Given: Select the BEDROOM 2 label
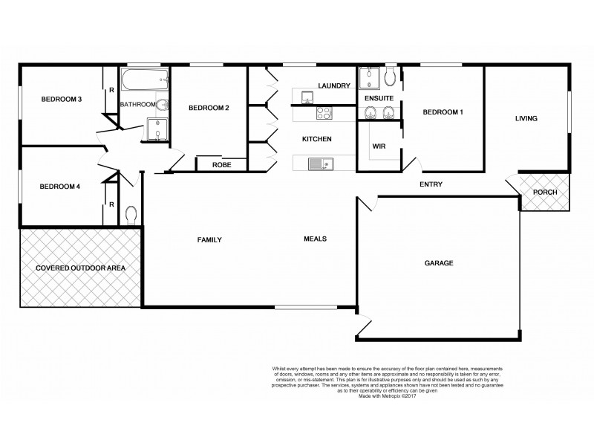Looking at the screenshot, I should (x=209, y=109).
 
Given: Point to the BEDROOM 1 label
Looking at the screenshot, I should (x=443, y=112).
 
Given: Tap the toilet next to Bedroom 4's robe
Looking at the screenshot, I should (x=131, y=215).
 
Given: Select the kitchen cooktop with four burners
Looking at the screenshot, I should (x=324, y=113).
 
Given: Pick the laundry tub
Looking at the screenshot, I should (x=306, y=94).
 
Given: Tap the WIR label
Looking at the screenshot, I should (x=379, y=146).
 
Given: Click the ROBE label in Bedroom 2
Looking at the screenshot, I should (x=221, y=165).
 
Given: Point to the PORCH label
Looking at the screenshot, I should (x=545, y=193).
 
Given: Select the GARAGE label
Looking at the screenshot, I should (x=439, y=263).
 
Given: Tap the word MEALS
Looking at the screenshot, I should (x=316, y=239).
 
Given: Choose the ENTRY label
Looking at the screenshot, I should (x=431, y=184).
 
